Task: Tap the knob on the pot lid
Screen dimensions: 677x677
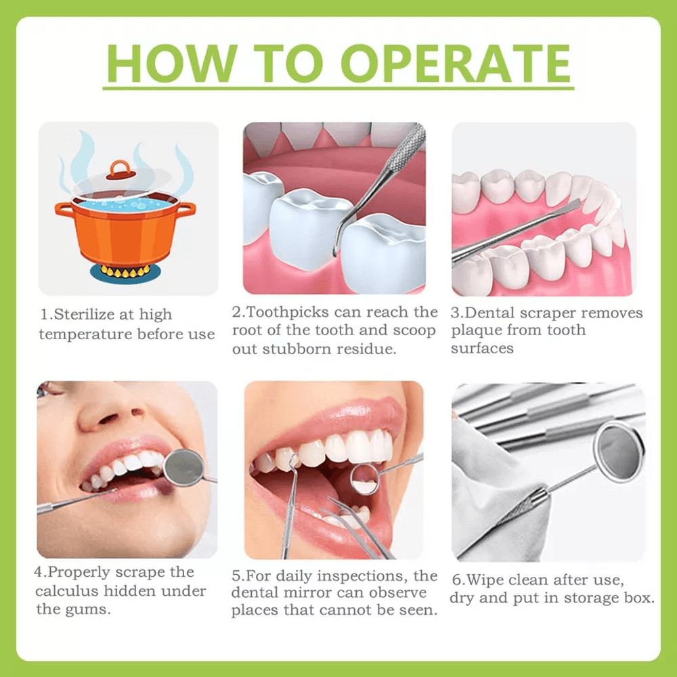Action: tap(119, 169)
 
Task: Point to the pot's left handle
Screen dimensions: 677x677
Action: tap(64, 209)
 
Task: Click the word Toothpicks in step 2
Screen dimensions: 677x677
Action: tap(285, 312)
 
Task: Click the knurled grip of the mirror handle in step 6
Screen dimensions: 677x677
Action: tap(525, 508)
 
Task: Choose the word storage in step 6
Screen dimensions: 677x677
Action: tap(583, 598)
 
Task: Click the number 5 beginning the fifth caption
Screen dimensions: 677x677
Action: tap(236, 576)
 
